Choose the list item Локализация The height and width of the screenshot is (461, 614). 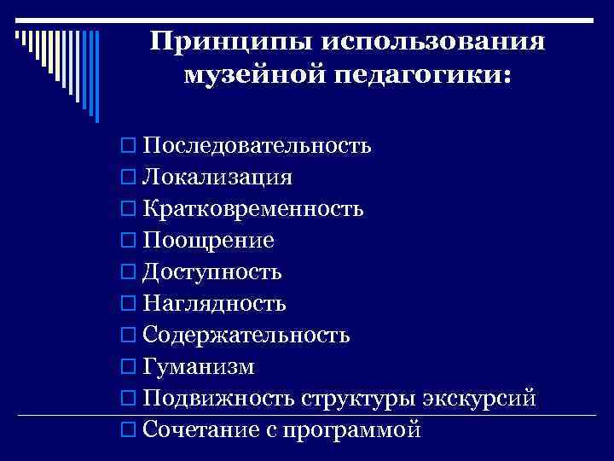(218, 177)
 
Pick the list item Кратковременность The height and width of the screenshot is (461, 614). (254, 208)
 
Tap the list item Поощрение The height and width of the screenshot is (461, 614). (209, 240)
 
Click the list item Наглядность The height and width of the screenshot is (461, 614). (215, 303)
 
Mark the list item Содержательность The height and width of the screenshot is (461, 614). (246, 335)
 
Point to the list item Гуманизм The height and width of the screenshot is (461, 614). (199, 366)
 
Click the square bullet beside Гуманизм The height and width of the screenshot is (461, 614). (128, 367)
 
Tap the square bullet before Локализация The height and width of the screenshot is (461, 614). (128, 178)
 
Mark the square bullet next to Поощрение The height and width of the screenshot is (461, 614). (128, 241)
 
